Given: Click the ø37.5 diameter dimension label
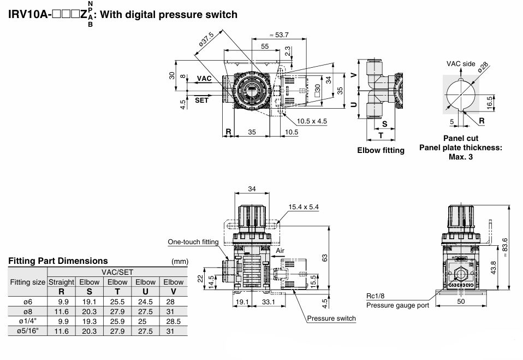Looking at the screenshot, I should [x=206, y=42].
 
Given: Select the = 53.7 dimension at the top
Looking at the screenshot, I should [x=279, y=35].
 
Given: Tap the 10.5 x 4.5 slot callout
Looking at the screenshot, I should [x=312, y=121].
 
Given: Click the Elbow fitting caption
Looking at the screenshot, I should [x=381, y=150].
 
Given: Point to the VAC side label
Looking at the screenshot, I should [x=461, y=64].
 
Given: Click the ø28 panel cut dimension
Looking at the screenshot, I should [x=483, y=67].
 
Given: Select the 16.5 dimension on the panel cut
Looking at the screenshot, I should [x=490, y=102].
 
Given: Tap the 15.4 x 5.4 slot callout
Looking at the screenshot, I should [x=303, y=208].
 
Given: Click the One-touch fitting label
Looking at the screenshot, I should [x=193, y=242].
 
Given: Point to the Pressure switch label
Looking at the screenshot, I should [x=331, y=318].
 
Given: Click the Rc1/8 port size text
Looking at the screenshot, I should [x=376, y=297].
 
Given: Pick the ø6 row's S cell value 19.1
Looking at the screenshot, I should [x=89, y=301].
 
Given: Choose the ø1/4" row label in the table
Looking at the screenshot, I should [x=28, y=321].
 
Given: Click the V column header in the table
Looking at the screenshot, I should [x=173, y=291].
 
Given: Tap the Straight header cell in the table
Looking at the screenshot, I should [x=61, y=282].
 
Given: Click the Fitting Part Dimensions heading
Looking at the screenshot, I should [x=58, y=261].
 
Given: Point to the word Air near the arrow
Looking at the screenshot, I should [x=281, y=250].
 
